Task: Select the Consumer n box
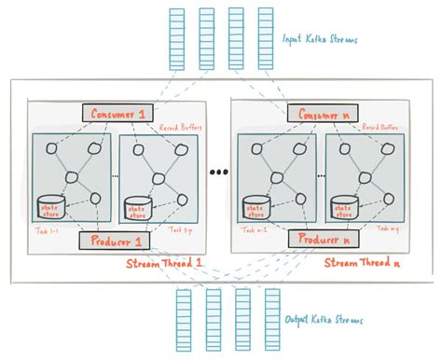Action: [306, 113]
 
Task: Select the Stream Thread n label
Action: [364, 265]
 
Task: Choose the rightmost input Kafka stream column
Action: [266, 38]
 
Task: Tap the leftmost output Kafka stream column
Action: [183, 318]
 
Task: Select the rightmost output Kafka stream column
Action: [272, 318]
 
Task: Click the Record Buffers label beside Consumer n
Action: [382, 128]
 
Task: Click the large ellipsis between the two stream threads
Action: [221, 173]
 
